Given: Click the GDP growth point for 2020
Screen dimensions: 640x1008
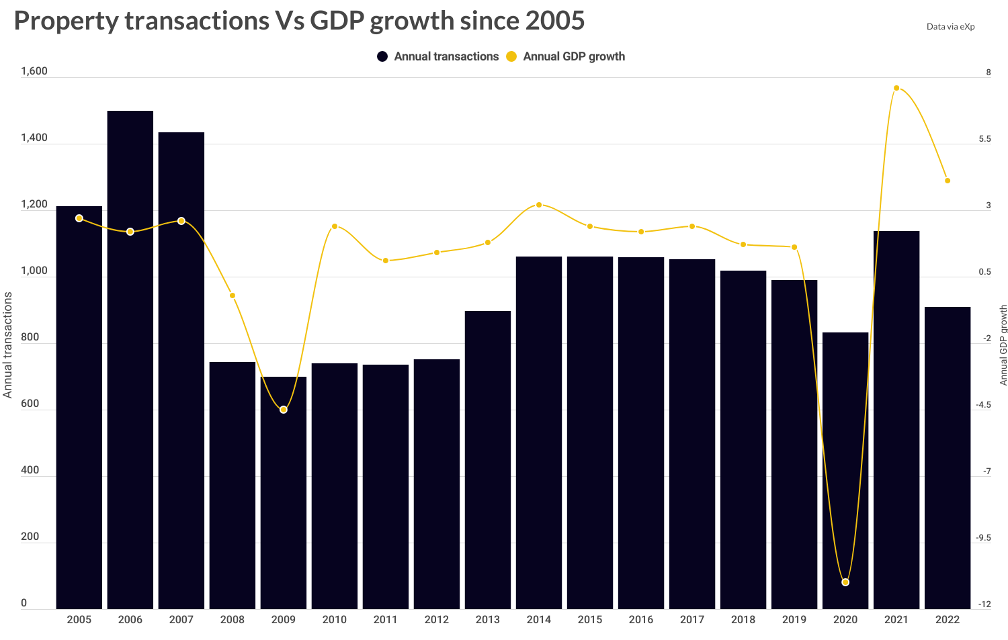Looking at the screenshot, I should (x=845, y=582).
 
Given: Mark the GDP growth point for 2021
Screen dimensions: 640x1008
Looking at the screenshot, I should (x=896, y=88).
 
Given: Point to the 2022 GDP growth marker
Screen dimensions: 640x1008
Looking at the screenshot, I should (x=948, y=181).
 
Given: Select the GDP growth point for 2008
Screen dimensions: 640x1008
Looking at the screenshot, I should (x=233, y=295).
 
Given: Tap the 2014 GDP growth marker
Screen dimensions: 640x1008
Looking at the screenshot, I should (x=539, y=205).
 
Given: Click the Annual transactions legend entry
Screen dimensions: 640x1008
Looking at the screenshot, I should (x=438, y=56).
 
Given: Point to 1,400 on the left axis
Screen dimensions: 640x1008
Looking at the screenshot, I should (x=34, y=138).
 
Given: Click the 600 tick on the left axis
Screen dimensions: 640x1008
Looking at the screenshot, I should (x=30, y=404).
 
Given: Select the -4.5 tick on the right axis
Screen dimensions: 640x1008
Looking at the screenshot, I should (x=983, y=405).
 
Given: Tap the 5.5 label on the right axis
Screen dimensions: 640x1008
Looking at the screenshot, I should (x=984, y=139).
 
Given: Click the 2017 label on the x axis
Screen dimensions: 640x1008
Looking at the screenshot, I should (x=692, y=619).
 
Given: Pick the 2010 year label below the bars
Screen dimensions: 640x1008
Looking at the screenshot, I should (x=335, y=619).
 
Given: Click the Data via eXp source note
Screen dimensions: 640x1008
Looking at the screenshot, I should (x=950, y=27).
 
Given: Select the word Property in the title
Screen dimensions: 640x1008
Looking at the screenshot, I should (x=66, y=21).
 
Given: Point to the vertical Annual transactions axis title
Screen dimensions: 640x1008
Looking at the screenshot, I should (x=8, y=345).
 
